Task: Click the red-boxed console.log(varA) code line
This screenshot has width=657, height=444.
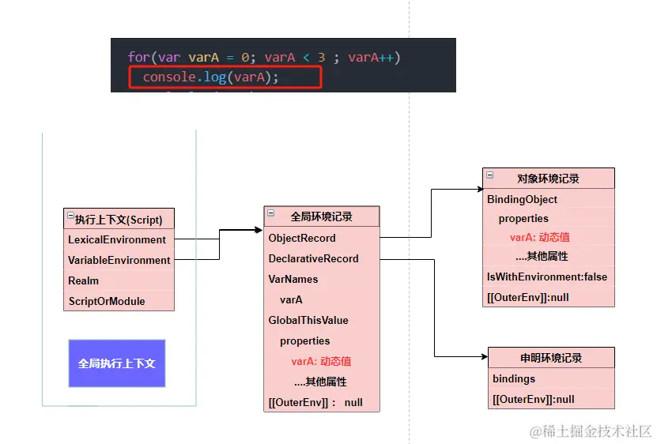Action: [225, 77]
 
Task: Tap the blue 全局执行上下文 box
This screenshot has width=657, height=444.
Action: [117, 363]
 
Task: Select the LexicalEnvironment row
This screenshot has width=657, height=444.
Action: [119, 239]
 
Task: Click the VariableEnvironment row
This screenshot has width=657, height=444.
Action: [119, 260]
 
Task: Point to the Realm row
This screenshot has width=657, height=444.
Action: [119, 280]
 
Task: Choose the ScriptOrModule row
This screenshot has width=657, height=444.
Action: [119, 301]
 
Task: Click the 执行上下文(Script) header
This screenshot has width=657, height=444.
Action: [119, 219]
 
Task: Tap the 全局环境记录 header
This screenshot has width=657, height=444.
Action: [322, 216]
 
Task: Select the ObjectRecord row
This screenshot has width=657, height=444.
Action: [322, 238]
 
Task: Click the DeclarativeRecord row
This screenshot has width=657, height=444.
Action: [322, 258]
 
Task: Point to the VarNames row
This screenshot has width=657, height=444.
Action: [322, 279]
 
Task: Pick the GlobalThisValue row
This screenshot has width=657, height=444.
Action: [322, 321]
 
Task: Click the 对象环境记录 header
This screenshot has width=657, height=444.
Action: [549, 179]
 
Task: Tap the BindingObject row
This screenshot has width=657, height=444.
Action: [549, 199]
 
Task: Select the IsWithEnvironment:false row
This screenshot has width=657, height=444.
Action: [549, 277]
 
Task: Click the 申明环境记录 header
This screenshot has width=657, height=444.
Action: [551, 358]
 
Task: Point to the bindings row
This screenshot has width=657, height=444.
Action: [551, 378]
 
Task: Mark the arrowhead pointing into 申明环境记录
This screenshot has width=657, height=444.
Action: [485, 357]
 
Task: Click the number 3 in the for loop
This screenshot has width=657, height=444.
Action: [321, 57]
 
